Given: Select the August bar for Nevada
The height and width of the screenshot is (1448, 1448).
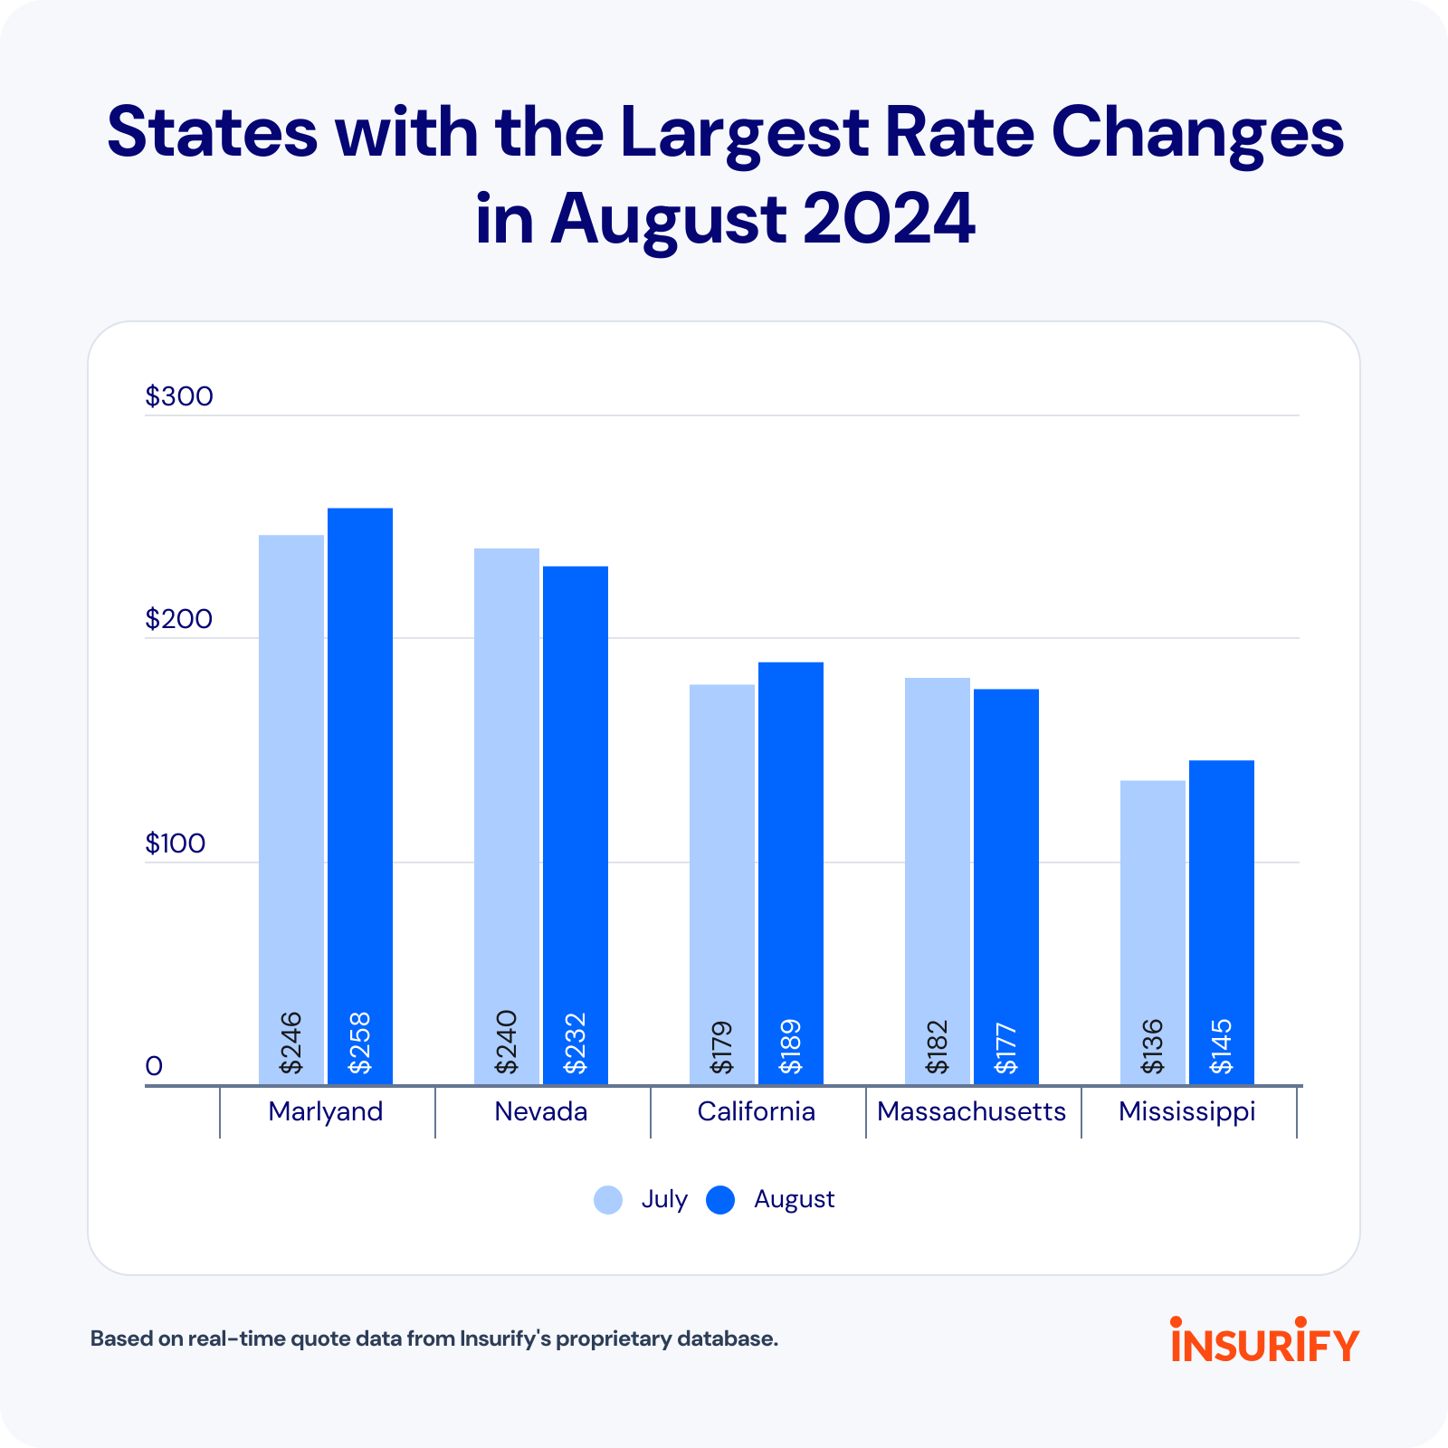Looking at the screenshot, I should pos(575,796).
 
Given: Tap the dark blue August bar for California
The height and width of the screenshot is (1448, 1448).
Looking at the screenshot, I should pos(790,842).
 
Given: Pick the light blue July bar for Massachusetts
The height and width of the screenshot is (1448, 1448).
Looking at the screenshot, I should pos(937,851).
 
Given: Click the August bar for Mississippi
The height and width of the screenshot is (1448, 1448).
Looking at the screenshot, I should pos(1221,887).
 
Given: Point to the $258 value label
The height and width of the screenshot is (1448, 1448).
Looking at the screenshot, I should pos(360,1043).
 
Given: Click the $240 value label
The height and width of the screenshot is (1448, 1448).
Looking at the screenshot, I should pos(507,1043).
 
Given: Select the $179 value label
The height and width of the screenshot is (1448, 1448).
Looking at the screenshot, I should pos(722,1047).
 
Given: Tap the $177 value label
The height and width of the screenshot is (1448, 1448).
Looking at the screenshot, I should pos(1006,1048).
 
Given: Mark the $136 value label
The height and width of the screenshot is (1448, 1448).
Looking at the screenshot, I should pos(1153,1047).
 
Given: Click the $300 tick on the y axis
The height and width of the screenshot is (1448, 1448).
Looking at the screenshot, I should pos(179,396).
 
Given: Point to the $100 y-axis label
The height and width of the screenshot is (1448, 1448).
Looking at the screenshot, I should pos(176,843).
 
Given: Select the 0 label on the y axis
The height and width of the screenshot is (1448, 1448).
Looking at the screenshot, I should pos(154,1066).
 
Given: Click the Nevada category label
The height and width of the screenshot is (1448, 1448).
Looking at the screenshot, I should pos(541,1111).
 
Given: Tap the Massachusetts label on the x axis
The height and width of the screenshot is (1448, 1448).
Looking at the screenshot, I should pos(972,1111).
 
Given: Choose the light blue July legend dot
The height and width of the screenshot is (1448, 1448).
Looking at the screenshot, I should pos(608,1200).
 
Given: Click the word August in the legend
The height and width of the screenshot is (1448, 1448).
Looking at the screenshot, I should pos(794,1199).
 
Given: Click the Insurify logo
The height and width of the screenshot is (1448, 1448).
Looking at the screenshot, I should pos(1264,1339).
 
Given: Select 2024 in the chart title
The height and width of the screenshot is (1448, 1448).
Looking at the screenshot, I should pos(889,219).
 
